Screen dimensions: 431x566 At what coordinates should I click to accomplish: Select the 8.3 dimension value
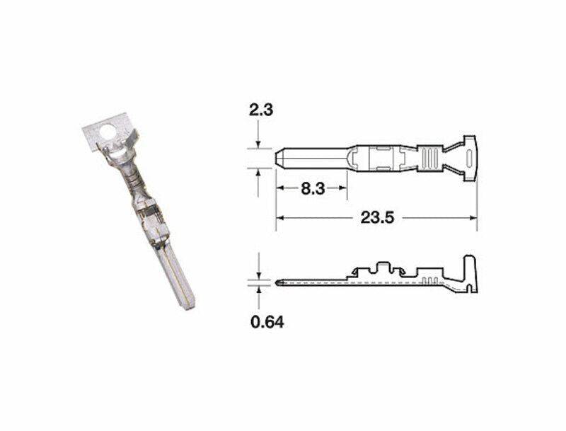point(311,188)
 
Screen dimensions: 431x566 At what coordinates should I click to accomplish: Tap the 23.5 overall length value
point(376,218)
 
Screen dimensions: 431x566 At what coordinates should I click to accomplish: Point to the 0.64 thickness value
point(267,323)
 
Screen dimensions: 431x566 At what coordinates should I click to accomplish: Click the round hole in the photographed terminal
point(108,132)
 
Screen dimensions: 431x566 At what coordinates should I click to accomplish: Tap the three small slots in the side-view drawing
point(427,281)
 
